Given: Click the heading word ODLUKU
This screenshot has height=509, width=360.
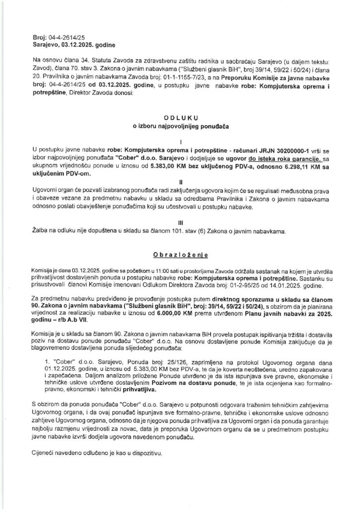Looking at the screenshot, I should coord(180,118).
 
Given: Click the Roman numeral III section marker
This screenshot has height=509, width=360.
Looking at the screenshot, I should coord(180,223).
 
